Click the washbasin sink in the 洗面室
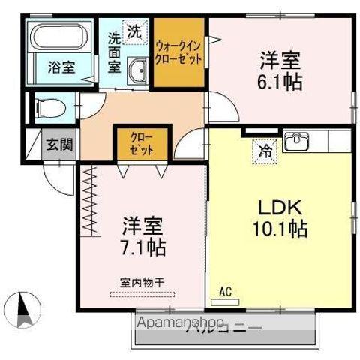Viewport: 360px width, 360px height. pos(138,72)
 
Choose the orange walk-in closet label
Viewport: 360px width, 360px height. pos(179,52)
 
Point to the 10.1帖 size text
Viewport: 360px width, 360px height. pos(282,228)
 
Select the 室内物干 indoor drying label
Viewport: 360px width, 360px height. pos(142,282)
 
